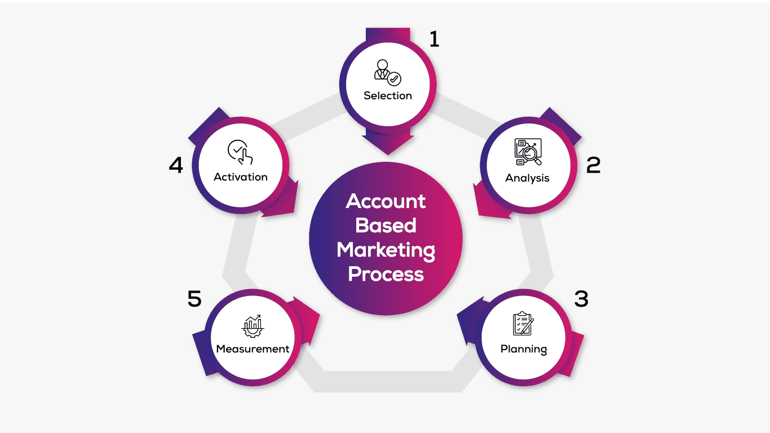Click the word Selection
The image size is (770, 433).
coord(387,96)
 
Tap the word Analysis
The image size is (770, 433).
coord(527,178)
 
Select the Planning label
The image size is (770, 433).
coord(524,349)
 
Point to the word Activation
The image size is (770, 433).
coord(241,177)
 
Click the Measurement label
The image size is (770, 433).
coord(253,349)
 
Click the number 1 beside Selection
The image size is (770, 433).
coord(433,39)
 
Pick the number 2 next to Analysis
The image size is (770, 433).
coord(594,165)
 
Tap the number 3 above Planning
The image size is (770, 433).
coord(581,299)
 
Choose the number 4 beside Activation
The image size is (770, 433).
coord(176,166)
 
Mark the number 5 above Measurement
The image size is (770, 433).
coord(194,299)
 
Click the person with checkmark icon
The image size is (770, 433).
coord(388,73)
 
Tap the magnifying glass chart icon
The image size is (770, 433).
coord(528,152)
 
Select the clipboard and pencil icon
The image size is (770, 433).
coord(523,324)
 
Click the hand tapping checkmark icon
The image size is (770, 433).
coord(240,152)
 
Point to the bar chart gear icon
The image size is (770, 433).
coord(253,325)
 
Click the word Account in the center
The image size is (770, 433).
coord(386,201)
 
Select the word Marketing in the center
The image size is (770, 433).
coord(386,250)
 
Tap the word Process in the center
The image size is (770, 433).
coord(386,274)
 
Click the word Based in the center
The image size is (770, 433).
coord(386,226)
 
